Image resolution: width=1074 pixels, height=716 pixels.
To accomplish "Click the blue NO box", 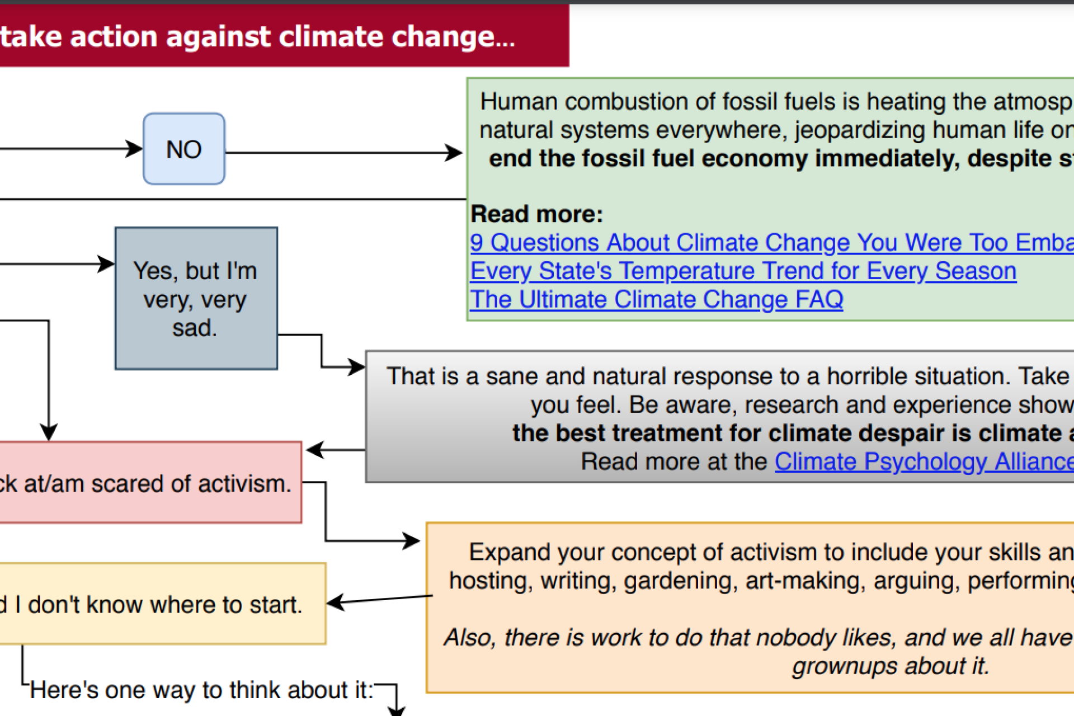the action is [184, 149].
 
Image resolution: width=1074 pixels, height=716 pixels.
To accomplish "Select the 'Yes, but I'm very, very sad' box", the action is [196, 298].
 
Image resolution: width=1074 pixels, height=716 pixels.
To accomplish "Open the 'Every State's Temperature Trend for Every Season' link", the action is [743, 271].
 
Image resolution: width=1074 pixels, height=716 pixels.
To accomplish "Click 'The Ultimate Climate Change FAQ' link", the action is [657, 300].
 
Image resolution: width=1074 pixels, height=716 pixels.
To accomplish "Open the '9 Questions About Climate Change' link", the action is [772, 243].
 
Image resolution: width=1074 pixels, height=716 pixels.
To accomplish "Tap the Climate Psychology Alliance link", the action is [924, 462].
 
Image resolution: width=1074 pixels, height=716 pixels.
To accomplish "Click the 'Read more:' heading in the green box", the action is [537, 214].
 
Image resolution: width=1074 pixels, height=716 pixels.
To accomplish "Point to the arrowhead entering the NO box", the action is [134, 149].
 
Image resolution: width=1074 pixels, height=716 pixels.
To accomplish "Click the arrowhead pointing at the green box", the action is [454, 152].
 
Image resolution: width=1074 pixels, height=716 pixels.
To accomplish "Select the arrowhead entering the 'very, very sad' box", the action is [106, 264].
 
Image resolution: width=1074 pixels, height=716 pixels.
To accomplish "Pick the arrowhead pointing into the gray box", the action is [357, 367].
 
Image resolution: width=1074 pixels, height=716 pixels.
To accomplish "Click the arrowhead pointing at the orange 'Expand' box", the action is [412, 541].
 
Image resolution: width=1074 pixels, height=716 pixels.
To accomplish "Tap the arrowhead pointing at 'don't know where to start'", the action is [335, 602].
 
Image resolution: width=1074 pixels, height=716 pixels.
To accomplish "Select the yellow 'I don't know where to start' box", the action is [163, 604].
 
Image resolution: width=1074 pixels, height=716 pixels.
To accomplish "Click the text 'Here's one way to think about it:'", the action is [201, 690].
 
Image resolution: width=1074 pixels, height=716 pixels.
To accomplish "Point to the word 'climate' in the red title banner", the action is [332, 37].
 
